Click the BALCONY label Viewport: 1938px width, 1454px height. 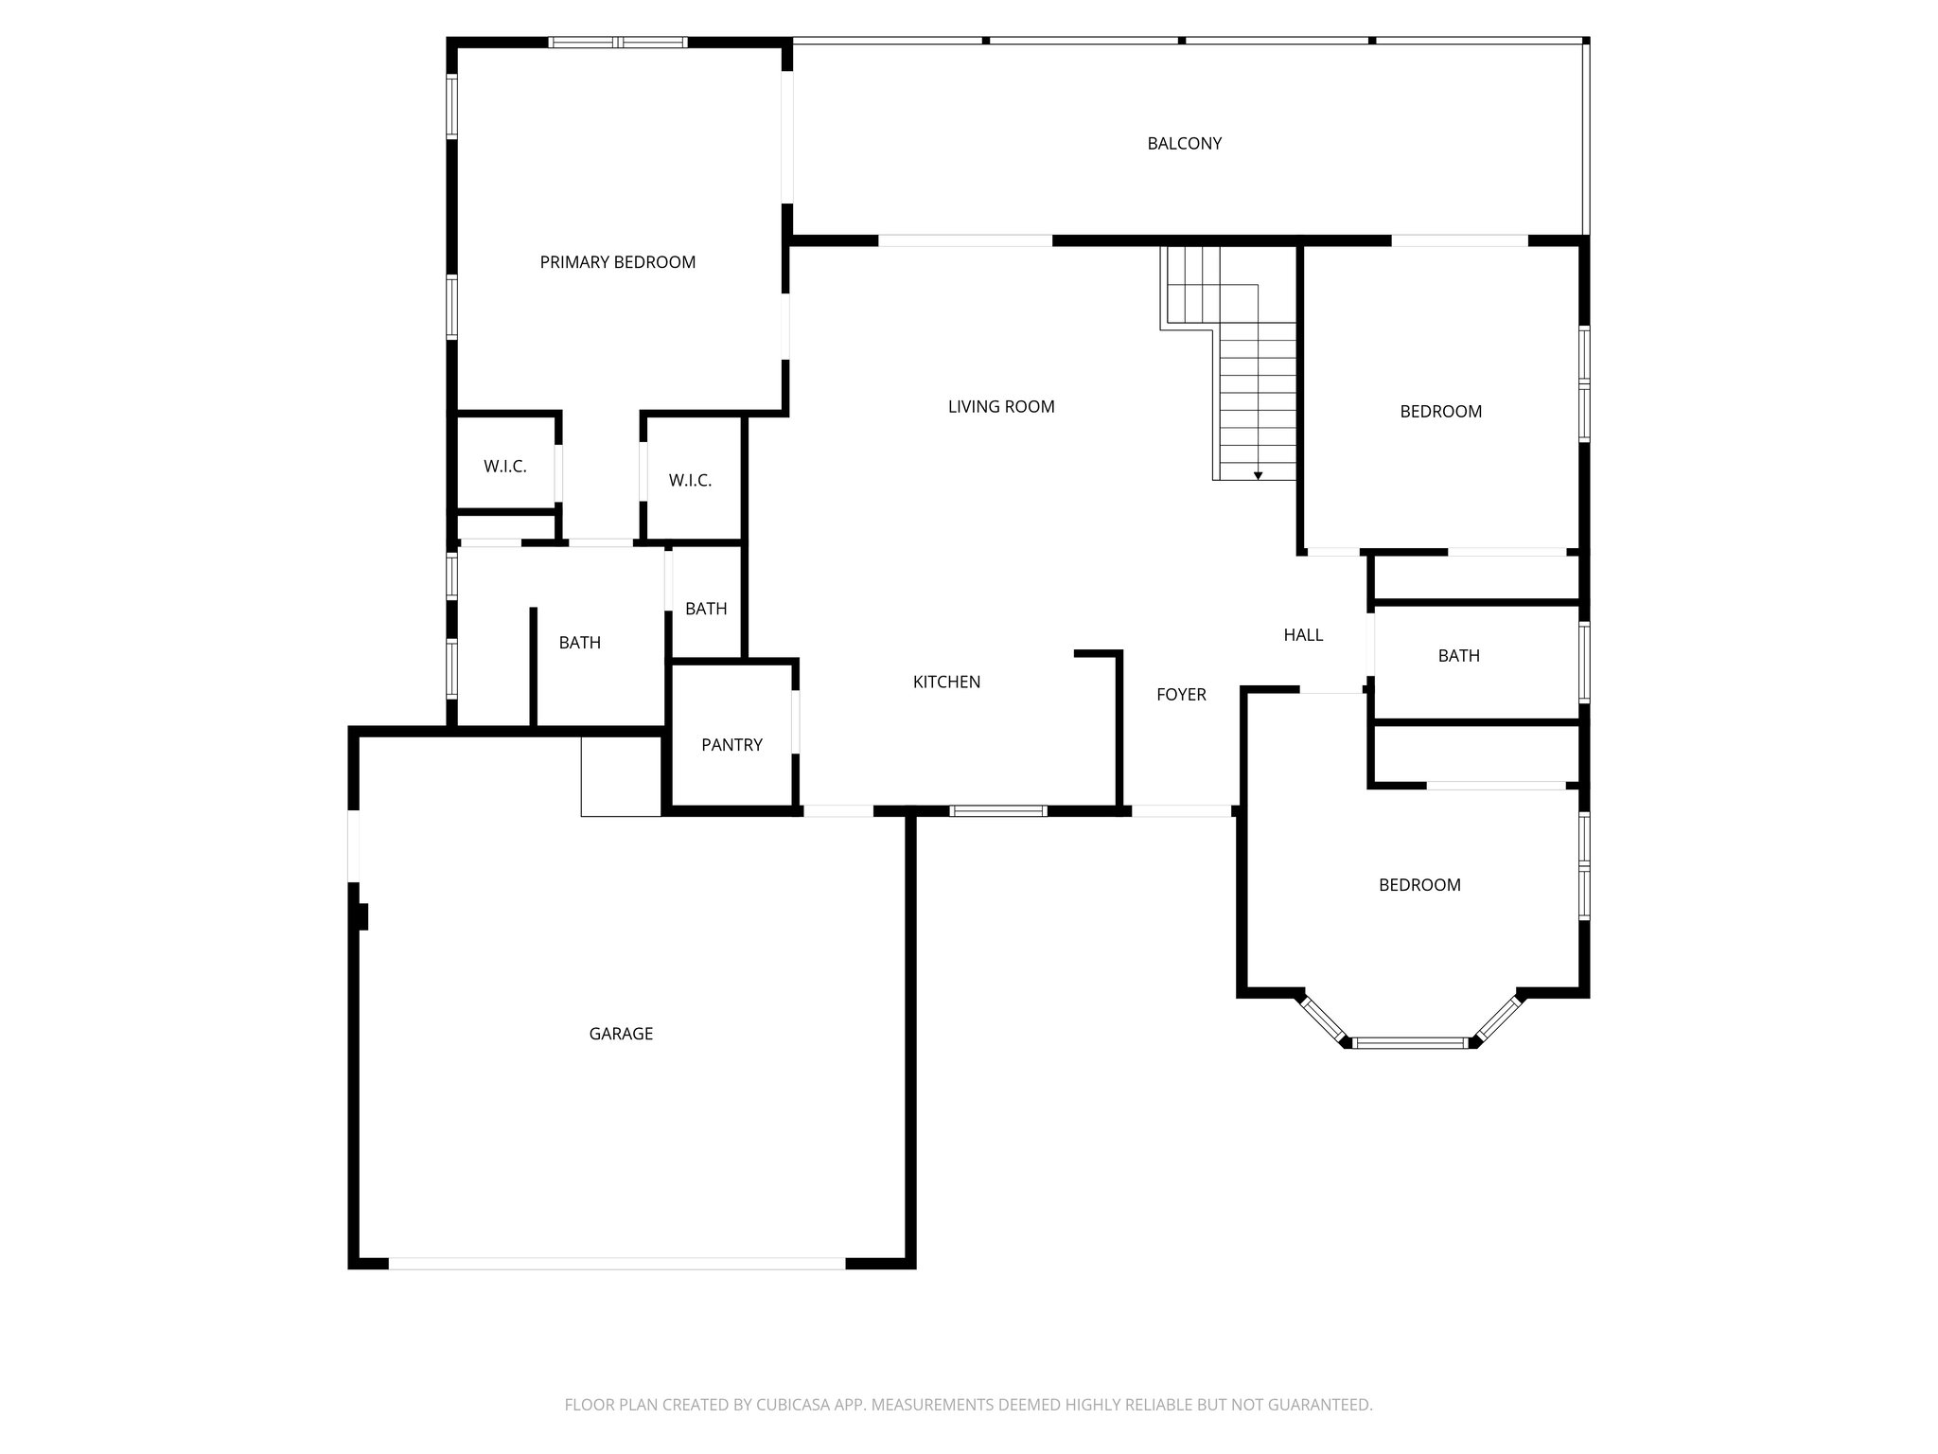1184,144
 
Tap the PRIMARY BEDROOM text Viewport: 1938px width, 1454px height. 617,262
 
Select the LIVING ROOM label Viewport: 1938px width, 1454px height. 1000,407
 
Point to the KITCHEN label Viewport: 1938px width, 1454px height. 946,682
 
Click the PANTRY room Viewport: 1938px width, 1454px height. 731,745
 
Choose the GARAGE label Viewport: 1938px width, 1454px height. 621,1034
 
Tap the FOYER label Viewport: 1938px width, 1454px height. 1181,695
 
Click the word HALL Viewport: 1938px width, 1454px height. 1303,635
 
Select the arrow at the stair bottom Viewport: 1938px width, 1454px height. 1258,475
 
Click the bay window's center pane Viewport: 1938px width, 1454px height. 1410,1043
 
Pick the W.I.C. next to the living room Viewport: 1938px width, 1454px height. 690,481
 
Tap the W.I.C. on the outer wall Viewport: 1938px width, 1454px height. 504,467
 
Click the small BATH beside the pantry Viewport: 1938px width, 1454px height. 706,609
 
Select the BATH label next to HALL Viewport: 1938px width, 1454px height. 1458,656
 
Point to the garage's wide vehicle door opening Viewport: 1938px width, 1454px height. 616,1263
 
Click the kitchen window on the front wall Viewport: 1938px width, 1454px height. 998,811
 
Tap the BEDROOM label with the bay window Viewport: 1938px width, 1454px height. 1419,885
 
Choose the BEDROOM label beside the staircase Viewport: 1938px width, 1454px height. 1440,412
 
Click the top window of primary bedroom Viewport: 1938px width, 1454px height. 618,43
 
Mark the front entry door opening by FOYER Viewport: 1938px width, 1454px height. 1181,811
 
